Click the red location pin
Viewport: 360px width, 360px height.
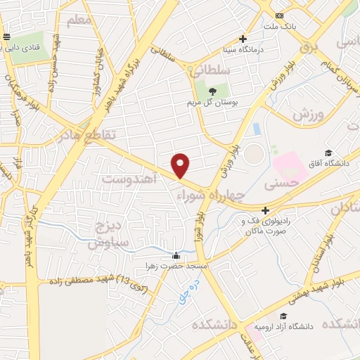tap(181, 165)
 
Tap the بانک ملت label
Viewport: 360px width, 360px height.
tap(276, 26)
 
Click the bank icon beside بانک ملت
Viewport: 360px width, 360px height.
tap(280, 15)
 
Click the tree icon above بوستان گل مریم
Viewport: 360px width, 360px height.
tap(212, 91)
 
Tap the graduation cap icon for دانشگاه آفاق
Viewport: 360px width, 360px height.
tap(328, 153)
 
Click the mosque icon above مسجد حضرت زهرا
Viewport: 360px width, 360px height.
tap(176, 256)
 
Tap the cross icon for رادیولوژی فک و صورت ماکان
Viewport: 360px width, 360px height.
tap(265, 210)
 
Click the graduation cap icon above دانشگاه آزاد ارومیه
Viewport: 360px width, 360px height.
tap(283, 316)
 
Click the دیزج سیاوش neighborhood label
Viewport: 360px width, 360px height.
tap(105, 235)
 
